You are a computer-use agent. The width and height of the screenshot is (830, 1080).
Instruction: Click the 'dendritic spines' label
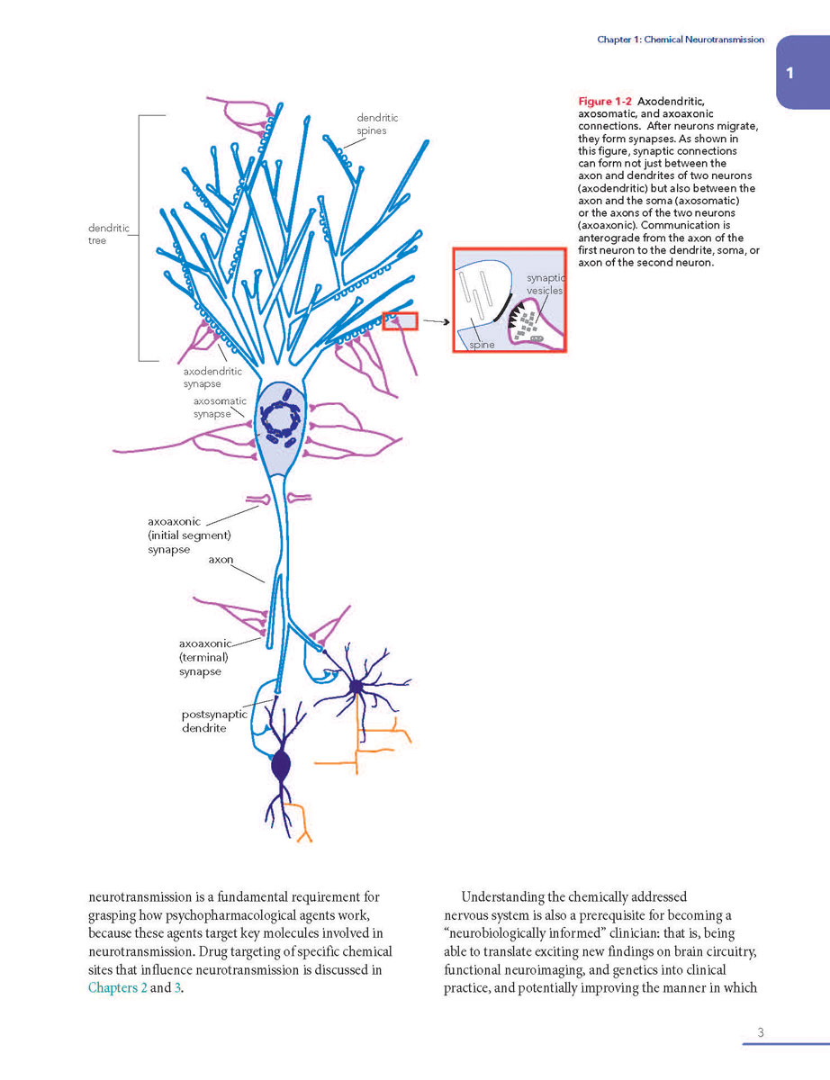pyautogui.click(x=377, y=124)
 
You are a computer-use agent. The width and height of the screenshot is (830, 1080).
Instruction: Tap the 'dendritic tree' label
pyautogui.click(x=108, y=234)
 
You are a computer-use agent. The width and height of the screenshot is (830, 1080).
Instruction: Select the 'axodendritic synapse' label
pyautogui.click(x=212, y=377)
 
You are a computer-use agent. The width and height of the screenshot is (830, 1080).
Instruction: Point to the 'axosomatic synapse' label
pyautogui.click(x=220, y=407)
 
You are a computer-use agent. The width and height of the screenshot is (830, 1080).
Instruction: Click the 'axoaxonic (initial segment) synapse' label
pyautogui.click(x=189, y=535)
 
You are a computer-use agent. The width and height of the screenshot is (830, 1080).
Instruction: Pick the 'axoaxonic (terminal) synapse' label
pyautogui.click(x=204, y=658)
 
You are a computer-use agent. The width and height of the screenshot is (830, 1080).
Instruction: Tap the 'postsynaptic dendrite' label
pyautogui.click(x=214, y=721)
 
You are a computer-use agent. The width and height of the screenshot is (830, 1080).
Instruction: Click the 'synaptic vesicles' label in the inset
pyautogui.click(x=546, y=283)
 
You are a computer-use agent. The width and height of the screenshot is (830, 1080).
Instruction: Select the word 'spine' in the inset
pyautogui.click(x=482, y=344)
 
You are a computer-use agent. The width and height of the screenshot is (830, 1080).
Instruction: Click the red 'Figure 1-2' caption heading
pyautogui.click(x=605, y=102)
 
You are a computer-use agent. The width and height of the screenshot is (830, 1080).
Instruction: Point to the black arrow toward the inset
pyautogui.click(x=437, y=321)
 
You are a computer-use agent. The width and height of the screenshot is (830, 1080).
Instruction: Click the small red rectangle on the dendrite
pyautogui.click(x=400, y=321)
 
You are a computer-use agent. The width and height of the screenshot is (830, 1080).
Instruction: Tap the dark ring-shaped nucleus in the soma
pyautogui.click(x=280, y=420)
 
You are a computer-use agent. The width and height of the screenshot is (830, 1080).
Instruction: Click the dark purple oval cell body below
pyautogui.click(x=281, y=766)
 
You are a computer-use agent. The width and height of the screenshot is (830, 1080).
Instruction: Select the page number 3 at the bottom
pyautogui.click(x=761, y=1032)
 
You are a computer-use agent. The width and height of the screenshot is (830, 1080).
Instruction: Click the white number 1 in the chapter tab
pyautogui.click(x=789, y=74)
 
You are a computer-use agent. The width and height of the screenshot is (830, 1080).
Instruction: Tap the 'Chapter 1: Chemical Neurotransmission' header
pyautogui.click(x=681, y=40)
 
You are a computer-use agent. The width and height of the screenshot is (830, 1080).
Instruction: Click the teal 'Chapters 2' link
pyautogui.click(x=118, y=987)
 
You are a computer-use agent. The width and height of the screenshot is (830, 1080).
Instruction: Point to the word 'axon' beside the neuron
pyautogui.click(x=221, y=559)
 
